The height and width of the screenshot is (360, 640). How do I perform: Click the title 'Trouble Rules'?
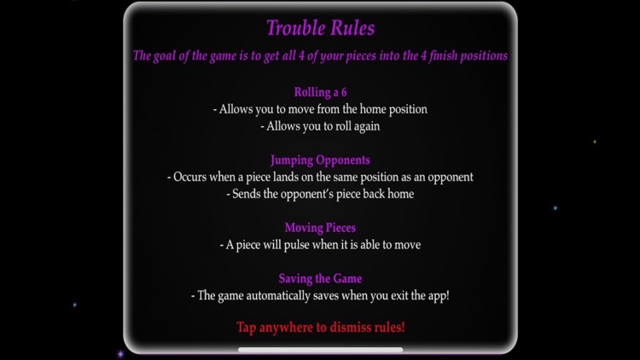click(x=320, y=28)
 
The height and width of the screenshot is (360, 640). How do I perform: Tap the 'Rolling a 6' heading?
click(x=320, y=92)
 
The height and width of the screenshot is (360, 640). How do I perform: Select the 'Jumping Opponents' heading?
click(x=320, y=160)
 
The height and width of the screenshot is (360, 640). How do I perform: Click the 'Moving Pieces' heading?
click(x=320, y=228)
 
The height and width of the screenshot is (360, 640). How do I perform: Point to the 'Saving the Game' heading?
click(x=320, y=279)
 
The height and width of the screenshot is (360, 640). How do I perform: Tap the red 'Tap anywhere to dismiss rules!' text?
click(x=320, y=328)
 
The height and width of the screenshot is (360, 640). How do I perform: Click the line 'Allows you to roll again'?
click(x=320, y=126)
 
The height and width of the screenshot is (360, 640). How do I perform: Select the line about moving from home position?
click(x=320, y=109)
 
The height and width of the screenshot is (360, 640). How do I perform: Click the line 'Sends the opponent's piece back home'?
click(x=320, y=194)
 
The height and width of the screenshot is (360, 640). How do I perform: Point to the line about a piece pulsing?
click(x=320, y=245)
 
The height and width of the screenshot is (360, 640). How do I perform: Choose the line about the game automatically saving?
click(x=320, y=296)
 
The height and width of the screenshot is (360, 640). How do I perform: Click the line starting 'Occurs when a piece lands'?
click(x=320, y=177)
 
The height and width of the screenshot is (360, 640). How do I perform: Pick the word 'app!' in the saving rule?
click(x=436, y=296)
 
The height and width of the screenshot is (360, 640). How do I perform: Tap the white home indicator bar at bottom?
click(x=320, y=350)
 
